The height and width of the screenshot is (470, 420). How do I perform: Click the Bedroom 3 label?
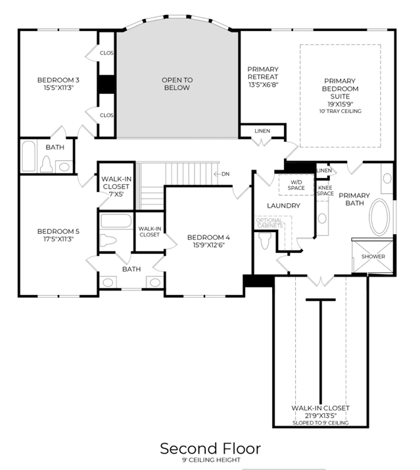[x=58, y=80]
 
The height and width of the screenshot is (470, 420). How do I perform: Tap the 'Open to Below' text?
[x=177, y=84]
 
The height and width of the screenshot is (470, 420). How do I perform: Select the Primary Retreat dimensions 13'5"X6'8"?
[x=263, y=85]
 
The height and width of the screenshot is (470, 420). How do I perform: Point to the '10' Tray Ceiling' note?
[x=340, y=111]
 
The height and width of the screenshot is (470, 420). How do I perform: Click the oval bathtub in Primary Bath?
[x=379, y=217]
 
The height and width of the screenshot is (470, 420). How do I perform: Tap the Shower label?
[x=373, y=256]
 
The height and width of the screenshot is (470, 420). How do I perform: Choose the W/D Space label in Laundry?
[x=296, y=185]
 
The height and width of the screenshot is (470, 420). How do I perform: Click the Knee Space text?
[x=325, y=191]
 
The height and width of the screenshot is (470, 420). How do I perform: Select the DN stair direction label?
[x=225, y=174]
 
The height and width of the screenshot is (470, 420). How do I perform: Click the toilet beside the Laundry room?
[x=265, y=241]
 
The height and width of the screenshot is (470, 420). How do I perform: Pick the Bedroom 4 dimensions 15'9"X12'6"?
[x=208, y=245]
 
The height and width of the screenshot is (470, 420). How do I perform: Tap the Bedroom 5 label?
[x=58, y=231]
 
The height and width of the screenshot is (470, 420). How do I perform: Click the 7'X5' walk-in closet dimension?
[x=116, y=194]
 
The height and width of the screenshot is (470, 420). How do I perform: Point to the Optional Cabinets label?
[x=269, y=223]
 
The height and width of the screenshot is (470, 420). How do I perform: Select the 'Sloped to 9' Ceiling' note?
[x=321, y=423]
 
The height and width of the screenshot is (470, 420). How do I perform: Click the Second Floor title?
[x=210, y=448]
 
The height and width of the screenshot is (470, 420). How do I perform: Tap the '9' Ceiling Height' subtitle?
[x=211, y=459]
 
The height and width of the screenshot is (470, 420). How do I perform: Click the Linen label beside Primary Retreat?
[x=262, y=131]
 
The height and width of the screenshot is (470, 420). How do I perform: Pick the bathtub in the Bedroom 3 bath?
[x=29, y=156]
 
